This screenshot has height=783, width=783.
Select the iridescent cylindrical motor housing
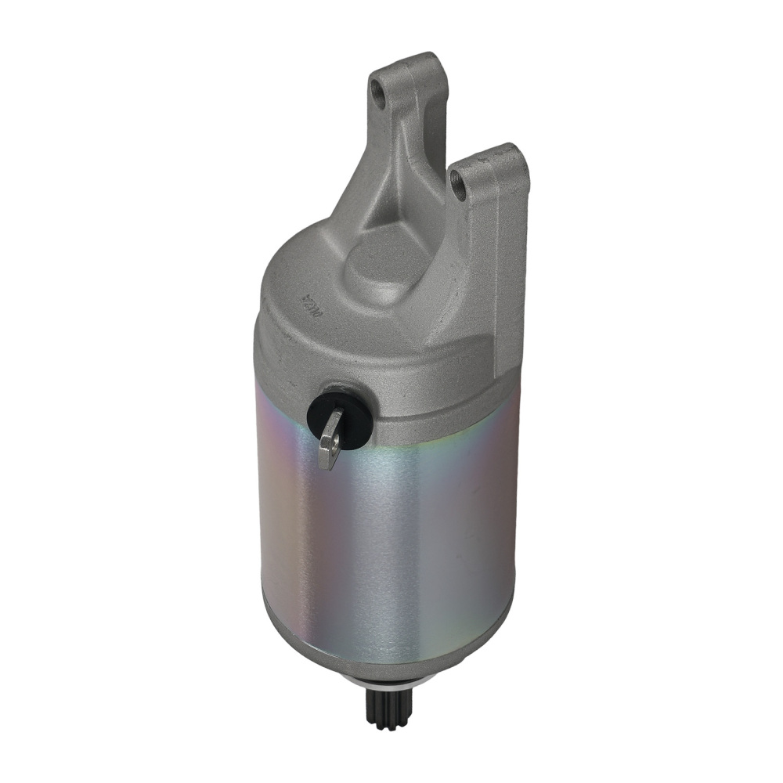tap(391, 540)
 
